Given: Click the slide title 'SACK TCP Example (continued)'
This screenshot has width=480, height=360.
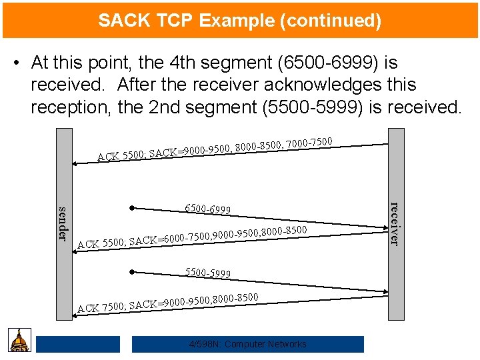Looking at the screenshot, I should pyautogui.click(x=240, y=21).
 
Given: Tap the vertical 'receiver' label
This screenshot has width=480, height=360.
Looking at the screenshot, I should pyautogui.click(x=394, y=223).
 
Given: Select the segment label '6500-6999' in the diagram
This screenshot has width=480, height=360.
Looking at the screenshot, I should pyautogui.click(x=208, y=209).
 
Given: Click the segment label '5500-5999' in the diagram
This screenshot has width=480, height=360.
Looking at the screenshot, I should pyautogui.click(x=208, y=273).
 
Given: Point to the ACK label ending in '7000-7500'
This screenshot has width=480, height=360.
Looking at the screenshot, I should pyautogui.click(x=215, y=148).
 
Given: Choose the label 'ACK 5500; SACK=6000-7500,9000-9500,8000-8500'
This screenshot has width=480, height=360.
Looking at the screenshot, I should pyautogui.click(x=192, y=237).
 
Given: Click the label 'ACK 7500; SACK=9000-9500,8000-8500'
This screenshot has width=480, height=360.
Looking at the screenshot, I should pyautogui.click(x=168, y=302).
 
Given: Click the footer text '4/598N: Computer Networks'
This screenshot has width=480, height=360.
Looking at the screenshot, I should pyautogui.click(x=248, y=344).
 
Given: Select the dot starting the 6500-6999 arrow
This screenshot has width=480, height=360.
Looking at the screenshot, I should pyautogui.click(x=133, y=208).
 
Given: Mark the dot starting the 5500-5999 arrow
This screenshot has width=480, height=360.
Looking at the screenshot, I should pyautogui.click(x=133, y=272).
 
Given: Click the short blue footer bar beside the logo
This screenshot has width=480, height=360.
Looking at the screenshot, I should pyautogui.click(x=78, y=344).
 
